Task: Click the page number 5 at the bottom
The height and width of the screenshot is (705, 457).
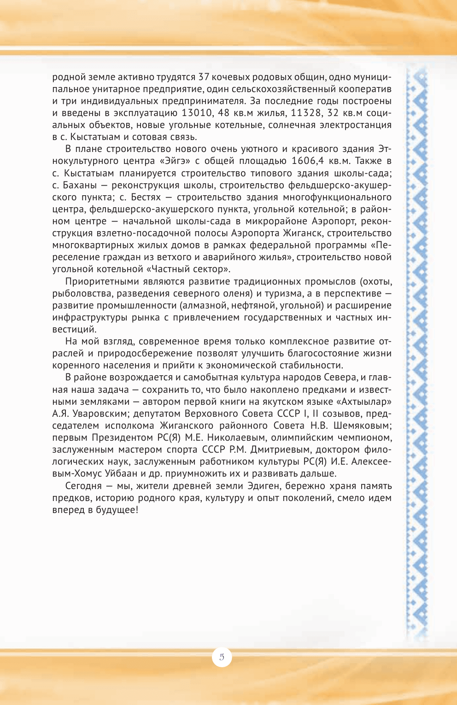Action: [222, 657]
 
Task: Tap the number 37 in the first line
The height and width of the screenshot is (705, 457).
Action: [204, 77]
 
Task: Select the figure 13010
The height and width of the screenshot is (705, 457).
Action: [197, 113]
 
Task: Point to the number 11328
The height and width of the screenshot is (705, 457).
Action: [306, 113]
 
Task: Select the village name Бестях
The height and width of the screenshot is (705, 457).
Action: [146, 197]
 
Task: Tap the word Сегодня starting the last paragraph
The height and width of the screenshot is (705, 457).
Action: [83, 485]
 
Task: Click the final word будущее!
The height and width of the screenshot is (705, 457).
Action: [117, 509]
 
